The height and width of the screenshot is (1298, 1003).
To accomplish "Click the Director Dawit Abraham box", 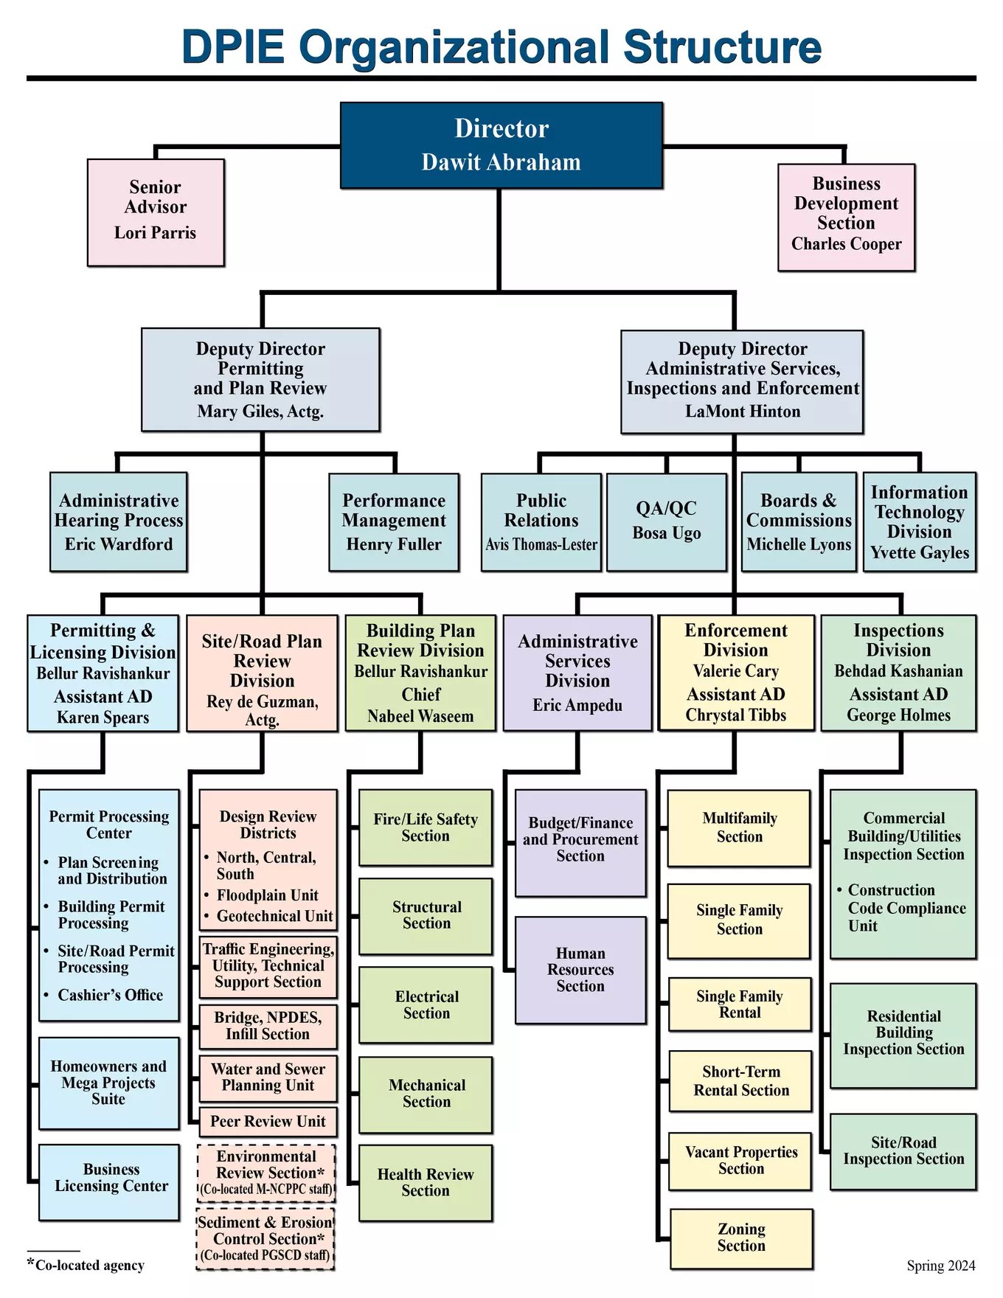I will [502, 145].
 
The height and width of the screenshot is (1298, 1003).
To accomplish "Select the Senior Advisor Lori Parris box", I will [156, 212].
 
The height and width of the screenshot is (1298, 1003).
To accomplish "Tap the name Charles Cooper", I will [846, 244].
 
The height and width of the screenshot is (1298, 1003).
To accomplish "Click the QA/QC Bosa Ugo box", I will [666, 521].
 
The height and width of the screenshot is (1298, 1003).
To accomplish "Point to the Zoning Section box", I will [741, 1238].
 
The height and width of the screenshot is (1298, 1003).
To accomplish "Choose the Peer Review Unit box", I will [268, 1122].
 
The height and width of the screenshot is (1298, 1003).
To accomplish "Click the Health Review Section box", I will [426, 1183].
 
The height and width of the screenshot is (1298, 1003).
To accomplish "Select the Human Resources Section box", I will [580, 970].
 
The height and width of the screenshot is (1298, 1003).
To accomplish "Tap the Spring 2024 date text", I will [940, 1266].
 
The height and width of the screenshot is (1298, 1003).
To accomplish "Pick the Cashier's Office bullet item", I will [110, 996].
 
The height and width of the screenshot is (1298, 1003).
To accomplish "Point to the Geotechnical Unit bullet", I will [274, 917].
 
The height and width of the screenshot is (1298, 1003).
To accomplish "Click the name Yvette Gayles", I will [919, 553].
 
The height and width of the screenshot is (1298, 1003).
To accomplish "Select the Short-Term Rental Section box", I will [740, 1081].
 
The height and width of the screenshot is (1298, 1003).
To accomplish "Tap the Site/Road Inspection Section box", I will [903, 1151].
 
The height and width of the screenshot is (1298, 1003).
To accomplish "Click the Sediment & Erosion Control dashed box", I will [265, 1239].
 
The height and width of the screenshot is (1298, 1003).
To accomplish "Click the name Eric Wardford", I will [118, 544].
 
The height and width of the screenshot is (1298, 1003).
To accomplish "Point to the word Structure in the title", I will [722, 47].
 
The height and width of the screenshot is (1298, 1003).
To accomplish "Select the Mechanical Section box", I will [426, 1094].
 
